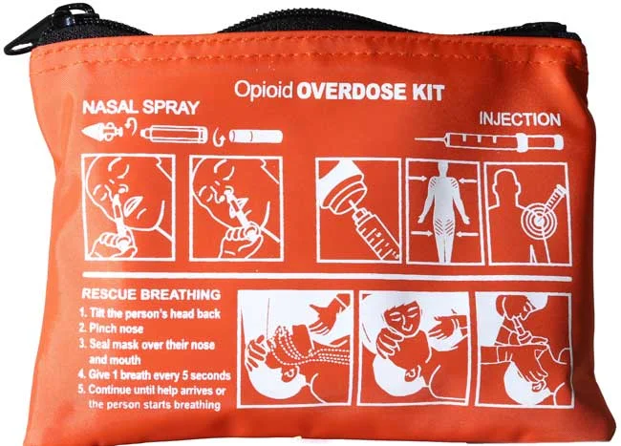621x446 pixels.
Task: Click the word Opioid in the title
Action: tap(264, 90)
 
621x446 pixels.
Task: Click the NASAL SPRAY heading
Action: tap(140, 108)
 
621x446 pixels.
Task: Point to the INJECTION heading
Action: tap(520, 119)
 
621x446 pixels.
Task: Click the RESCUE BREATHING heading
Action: tap(151, 294)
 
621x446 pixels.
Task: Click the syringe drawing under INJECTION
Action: tap(489, 141)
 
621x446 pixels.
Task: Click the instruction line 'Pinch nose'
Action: tap(111, 329)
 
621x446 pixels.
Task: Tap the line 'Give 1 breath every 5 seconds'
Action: tap(155, 374)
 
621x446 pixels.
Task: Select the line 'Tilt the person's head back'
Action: tap(150, 313)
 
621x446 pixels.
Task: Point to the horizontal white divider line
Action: tap(327, 276)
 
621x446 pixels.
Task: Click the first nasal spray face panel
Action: tap(130, 207)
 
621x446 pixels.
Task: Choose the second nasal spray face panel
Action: tap(236, 208)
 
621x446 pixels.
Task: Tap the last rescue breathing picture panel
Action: tap(525, 350)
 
